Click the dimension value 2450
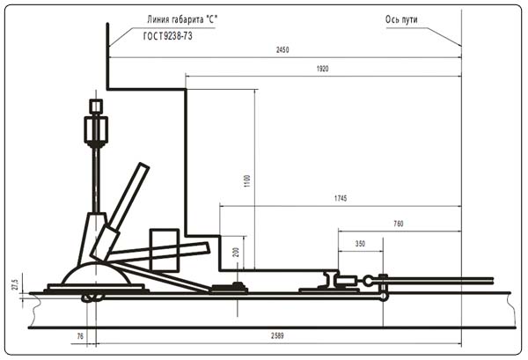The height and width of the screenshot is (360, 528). click(x=282, y=50)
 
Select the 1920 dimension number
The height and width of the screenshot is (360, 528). click(x=322, y=69)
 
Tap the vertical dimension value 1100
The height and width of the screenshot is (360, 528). click(x=247, y=181)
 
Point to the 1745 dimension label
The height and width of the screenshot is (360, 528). click(x=341, y=198)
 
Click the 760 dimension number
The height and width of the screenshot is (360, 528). click(x=399, y=224)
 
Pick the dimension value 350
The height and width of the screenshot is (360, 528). click(x=360, y=244)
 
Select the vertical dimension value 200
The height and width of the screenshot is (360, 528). click(x=236, y=253)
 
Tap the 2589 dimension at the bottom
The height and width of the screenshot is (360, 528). click(x=277, y=335)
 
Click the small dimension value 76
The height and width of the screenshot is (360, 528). click(x=80, y=336)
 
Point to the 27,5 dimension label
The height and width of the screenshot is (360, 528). click(x=15, y=284)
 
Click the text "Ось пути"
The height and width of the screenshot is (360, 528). click(x=401, y=19)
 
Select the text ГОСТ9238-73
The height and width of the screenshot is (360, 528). click(x=168, y=36)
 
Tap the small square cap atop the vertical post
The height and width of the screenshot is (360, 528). click(x=96, y=107)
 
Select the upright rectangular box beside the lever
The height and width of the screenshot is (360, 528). click(x=164, y=250)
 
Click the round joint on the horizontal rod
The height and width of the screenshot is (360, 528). click(x=368, y=280)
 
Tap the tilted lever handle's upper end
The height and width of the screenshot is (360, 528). click(x=143, y=166)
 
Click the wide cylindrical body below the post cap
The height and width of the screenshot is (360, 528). click(x=96, y=129)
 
